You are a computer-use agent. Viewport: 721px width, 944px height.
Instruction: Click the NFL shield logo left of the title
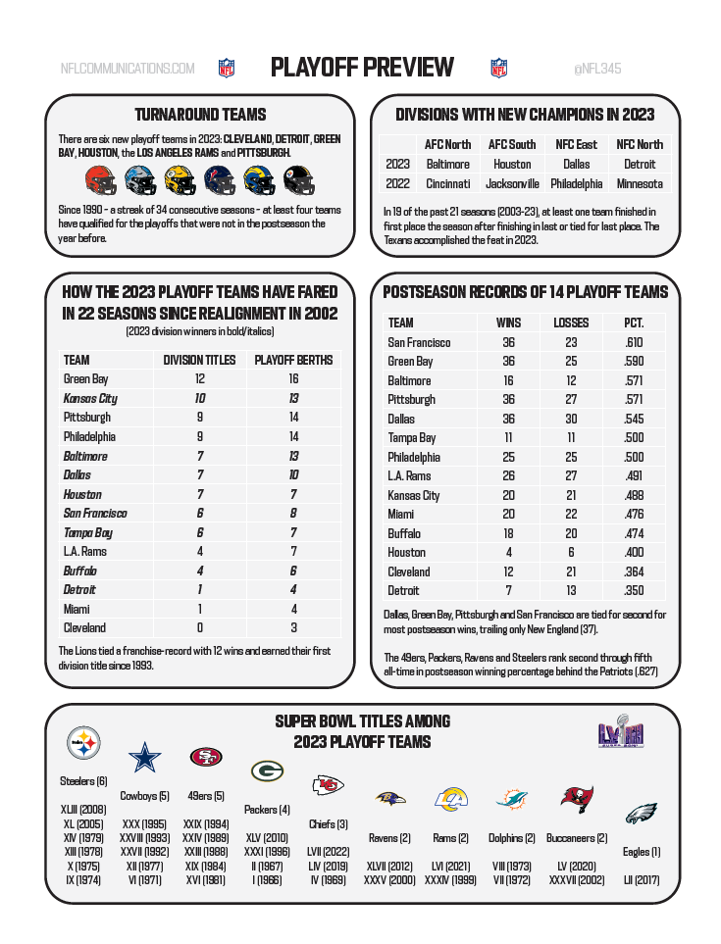pos(227,68)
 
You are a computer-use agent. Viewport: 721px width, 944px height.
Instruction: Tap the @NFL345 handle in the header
pos(596,69)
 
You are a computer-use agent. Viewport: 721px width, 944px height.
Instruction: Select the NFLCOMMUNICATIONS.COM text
pos(128,69)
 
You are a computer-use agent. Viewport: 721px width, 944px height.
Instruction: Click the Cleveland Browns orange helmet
pos(100,180)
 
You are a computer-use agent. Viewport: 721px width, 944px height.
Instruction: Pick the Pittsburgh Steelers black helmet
pos(298,180)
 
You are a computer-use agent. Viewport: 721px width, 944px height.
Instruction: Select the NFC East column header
pos(576,144)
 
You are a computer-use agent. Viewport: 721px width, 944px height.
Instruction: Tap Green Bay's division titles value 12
pos(199,379)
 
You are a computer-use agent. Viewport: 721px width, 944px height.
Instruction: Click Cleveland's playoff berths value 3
pos(293,627)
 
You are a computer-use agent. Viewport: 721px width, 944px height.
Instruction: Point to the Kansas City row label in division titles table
pos(90,398)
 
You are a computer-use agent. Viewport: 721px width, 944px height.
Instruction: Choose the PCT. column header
pos(634,323)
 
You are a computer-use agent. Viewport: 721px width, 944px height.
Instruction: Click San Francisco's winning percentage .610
pos(634,342)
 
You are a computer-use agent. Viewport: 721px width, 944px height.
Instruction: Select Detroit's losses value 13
pos(571,590)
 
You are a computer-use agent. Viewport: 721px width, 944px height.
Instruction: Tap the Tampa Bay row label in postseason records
pos(412,437)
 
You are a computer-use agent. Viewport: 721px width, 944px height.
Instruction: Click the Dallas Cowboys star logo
pos(145,758)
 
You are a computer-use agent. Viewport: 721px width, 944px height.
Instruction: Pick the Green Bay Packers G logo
pos(267,770)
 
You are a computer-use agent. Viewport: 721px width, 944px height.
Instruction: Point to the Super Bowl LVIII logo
pos(620,734)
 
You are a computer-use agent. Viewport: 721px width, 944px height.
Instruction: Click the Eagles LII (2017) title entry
pos(642,880)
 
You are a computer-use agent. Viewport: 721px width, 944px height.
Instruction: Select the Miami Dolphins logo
pos(512,799)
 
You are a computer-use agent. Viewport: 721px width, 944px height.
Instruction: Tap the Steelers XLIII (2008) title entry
pos(83,810)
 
